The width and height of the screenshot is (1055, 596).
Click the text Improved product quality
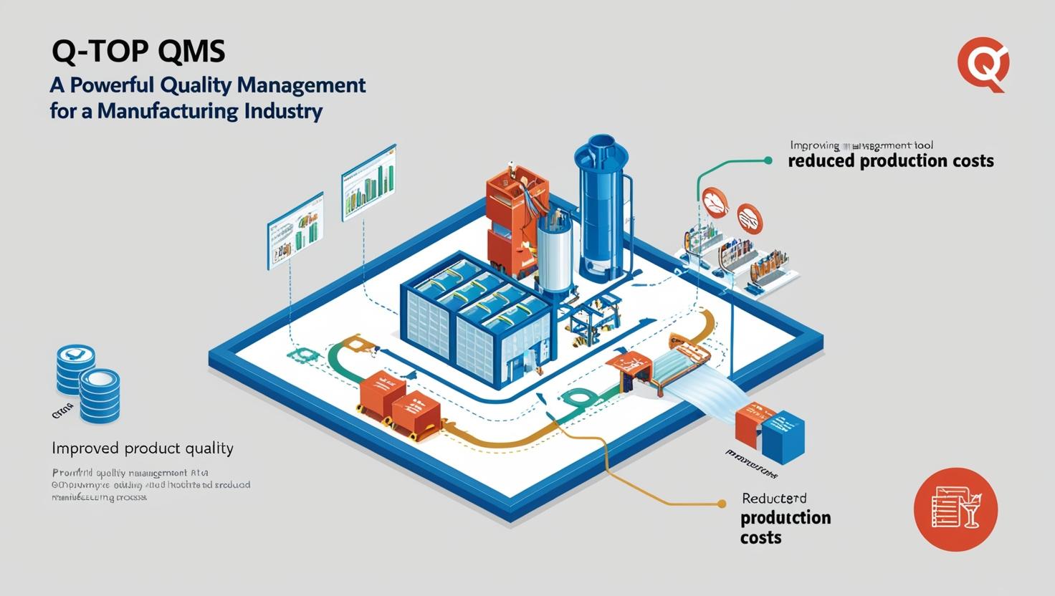143,449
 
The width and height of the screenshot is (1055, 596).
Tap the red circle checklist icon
955,509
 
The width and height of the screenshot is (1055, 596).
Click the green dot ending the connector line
768,160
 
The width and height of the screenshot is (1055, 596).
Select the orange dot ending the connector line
722,504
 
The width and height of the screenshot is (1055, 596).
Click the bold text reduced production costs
890,160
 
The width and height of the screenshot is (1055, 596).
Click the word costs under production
760,537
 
